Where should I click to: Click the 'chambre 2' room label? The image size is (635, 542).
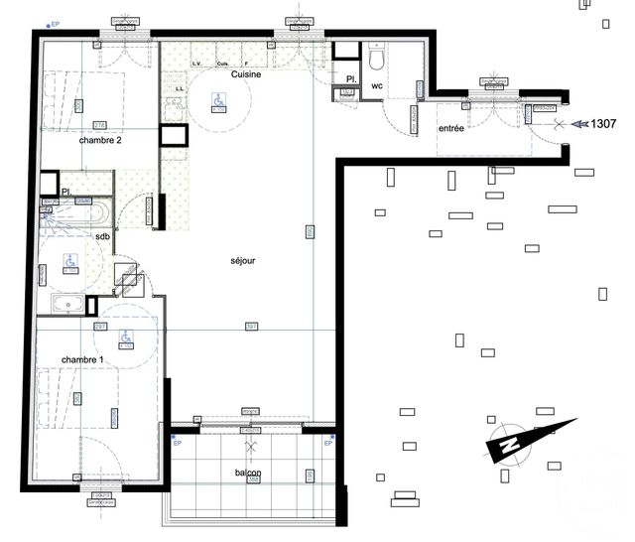[100, 141]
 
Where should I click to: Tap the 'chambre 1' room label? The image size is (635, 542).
[80, 359]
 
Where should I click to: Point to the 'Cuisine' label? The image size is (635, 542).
[246, 74]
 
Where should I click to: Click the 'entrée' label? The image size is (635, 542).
[450, 128]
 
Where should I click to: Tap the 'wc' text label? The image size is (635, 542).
[377, 86]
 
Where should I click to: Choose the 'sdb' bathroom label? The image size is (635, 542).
[102, 237]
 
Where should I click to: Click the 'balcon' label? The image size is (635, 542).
[248, 474]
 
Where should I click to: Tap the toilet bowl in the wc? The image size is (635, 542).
[377, 60]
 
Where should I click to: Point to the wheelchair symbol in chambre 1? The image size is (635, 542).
[126, 339]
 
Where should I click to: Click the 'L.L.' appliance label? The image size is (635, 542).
[181, 88]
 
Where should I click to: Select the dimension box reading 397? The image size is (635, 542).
[252, 327]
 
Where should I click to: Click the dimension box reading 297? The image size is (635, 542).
[100, 327]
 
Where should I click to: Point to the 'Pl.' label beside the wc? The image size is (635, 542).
[350, 77]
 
